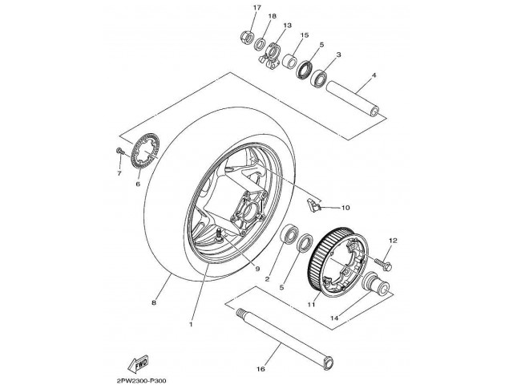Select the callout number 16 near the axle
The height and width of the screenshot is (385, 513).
point(261,369)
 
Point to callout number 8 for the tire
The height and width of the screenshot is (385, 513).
point(153,302)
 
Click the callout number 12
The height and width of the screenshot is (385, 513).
point(394,241)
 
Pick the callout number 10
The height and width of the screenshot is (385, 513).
point(345,208)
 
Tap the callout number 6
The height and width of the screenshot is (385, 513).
point(137,184)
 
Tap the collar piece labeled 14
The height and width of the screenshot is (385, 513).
point(374,284)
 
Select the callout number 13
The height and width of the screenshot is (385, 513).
point(287,25)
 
